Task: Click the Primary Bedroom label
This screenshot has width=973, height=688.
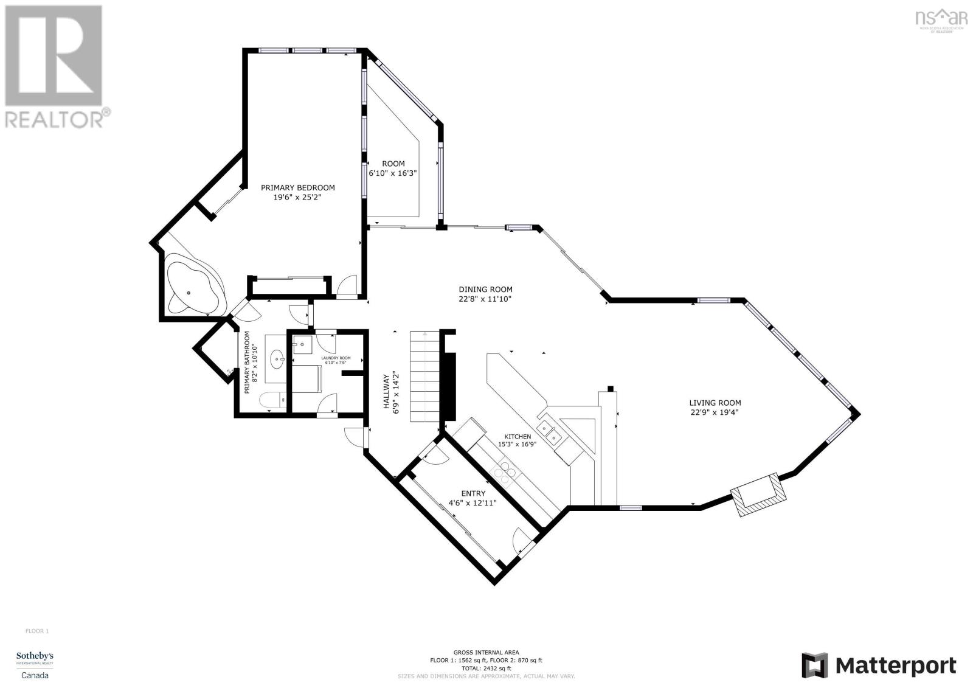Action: pyautogui.click(x=297, y=188)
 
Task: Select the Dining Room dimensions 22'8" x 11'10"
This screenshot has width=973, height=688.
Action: pyautogui.click(x=485, y=299)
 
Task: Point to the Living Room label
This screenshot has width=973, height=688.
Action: pyautogui.click(x=715, y=403)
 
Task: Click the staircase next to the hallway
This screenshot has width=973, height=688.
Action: pyautogui.click(x=424, y=377)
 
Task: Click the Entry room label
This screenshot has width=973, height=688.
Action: pyautogui.click(x=473, y=493)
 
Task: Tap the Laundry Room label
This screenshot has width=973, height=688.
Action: pyautogui.click(x=328, y=358)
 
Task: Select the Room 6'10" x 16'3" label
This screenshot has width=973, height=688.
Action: pyautogui.click(x=393, y=168)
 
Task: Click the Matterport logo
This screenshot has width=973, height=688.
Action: pyautogui.click(x=879, y=665)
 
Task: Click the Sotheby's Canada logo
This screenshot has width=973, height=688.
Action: pyautogui.click(x=35, y=664)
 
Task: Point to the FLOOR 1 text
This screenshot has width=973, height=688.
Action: pyautogui.click(x=36, y=631)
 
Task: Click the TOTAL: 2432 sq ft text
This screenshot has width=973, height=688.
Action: pyautogui.click(x=486, y=667)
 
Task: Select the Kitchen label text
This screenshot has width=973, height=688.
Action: pyautogui.click(x=518, y=437)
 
